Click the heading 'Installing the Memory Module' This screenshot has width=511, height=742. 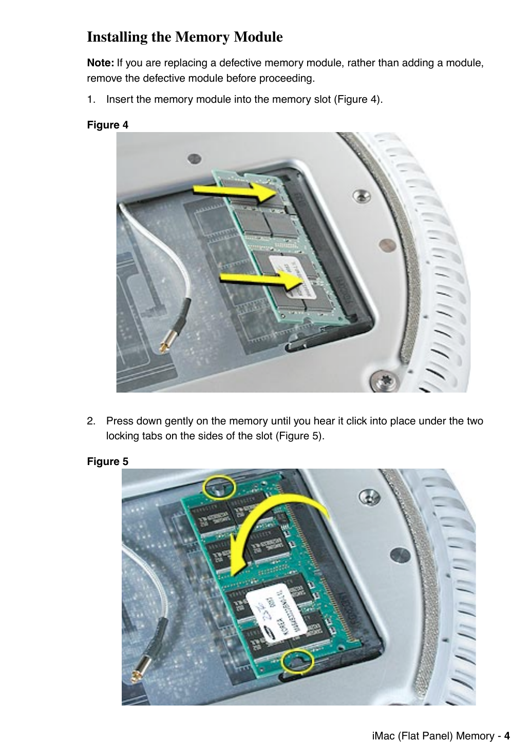[x=184, y=38]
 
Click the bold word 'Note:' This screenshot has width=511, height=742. [x=101, y=63]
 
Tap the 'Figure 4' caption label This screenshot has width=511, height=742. [x=107, y=125]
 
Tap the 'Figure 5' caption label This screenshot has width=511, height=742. [x=107, y=461]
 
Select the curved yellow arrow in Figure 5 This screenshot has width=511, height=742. [x=272, y=524]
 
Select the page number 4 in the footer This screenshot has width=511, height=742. [x=507, y=736]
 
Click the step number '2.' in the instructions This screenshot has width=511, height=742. [x=91, y=421]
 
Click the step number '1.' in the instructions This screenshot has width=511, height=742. [x=91, y=99]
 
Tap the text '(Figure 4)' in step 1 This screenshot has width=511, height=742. [x=358, y=99]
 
